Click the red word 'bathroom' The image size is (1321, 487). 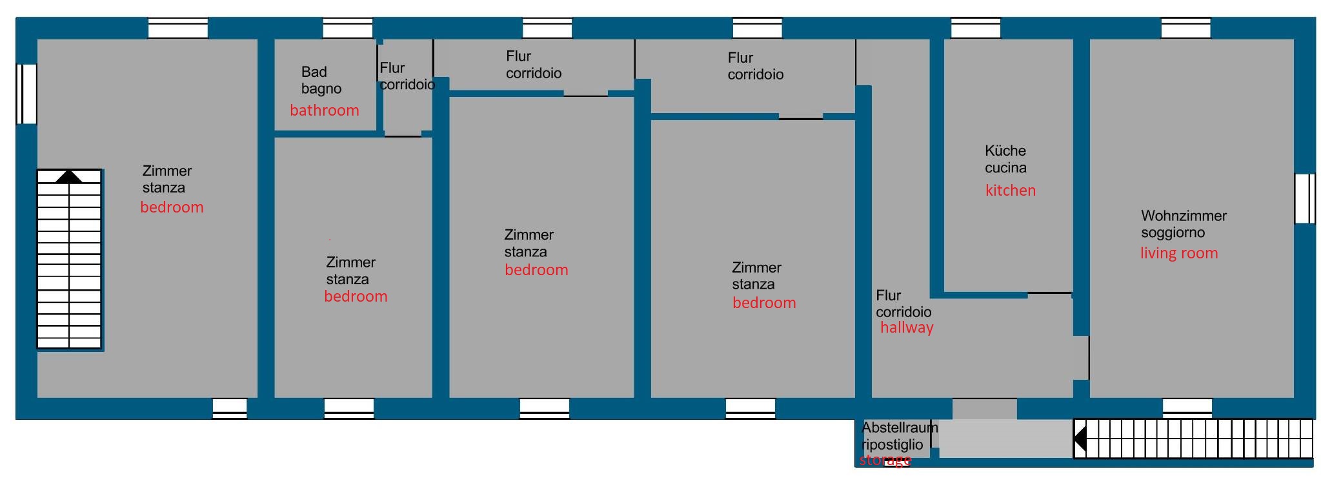(324, 110)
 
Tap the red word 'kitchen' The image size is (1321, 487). (1010, 191)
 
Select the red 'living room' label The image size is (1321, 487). (1179, 253)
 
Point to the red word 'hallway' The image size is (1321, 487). (907, 327)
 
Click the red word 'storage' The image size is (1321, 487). (885, 460)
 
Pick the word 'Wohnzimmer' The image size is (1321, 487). (1184, 216)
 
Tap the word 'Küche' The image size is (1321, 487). (1005, 150)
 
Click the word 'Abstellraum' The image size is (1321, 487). (900, 428)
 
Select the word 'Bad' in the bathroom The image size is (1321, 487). (314, 72)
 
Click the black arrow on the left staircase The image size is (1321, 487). (69, 177)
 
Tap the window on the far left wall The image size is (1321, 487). (26, 94)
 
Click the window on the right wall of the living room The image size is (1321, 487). (1304, 198)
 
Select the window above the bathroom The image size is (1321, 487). (347, 28)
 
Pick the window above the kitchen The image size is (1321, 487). (976, 28)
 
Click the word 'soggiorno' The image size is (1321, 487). (1173, 233)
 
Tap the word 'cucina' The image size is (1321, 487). (1005, 168)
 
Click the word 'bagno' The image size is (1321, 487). (321, 89)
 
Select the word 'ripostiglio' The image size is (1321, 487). (892, 445)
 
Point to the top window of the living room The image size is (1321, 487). (1185, 28)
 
